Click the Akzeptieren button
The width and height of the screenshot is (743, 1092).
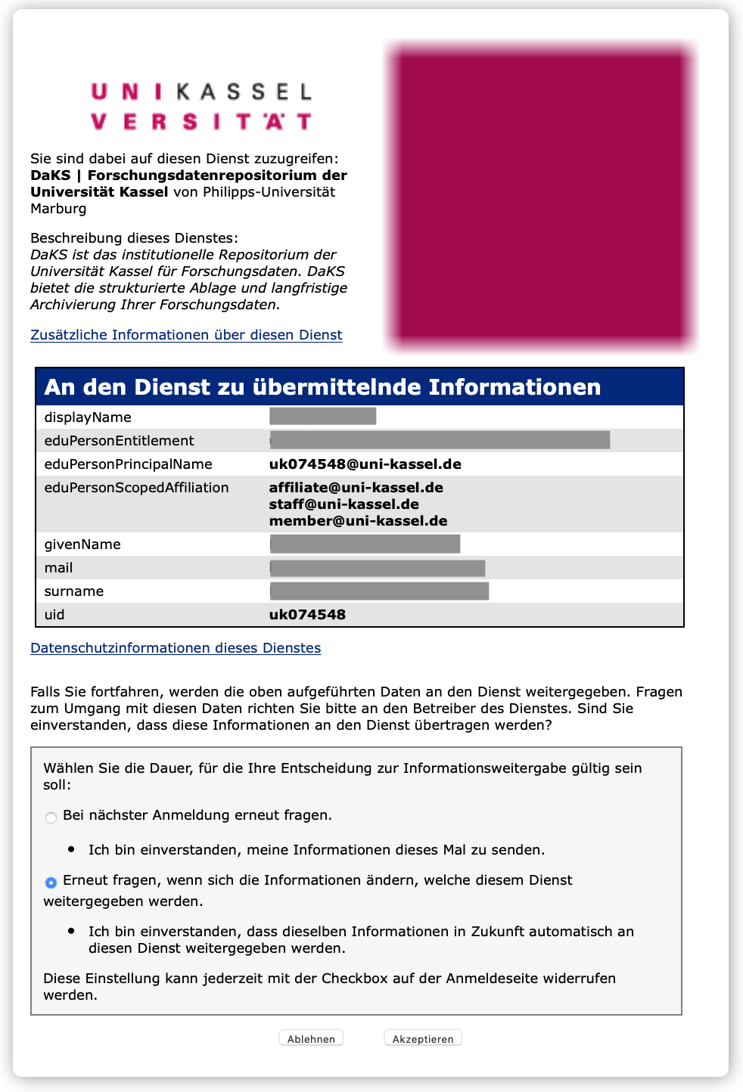click(x=422, y=1038)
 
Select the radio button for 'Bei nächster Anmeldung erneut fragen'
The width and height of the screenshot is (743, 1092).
click(x=51, y=817)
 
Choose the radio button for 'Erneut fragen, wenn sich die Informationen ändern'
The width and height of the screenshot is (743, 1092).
click(x=51, y=883)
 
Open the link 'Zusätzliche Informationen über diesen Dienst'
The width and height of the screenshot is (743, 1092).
click(x=186, y=335)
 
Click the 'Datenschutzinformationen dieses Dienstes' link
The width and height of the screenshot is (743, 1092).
click(x=176, y=648)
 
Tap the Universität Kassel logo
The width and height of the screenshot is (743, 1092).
click(x=201, y=107)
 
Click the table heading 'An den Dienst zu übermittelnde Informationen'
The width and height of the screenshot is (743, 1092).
click(x=322, y=387)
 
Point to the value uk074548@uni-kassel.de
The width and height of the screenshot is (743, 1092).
click(x=365, y=464)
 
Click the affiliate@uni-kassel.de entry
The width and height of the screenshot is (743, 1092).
click(x=356, y=488)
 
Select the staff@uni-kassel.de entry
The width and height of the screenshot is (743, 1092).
click(x=344, y=504)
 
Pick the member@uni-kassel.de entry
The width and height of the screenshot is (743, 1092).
click(x=358, y=521)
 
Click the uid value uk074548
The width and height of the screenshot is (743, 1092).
click(x=307, y=615)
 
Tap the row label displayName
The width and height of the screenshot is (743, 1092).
click(x=88, y=417)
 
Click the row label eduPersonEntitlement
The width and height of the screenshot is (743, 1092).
click(x=119, y=441)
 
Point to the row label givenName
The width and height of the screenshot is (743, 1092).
click(x=82, y=544)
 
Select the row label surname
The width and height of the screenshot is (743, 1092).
click(x=74, y=591)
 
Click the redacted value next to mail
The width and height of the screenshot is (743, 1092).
click(x=377, y=568)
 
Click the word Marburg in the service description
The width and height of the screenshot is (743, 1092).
click(x=58, y=209)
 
